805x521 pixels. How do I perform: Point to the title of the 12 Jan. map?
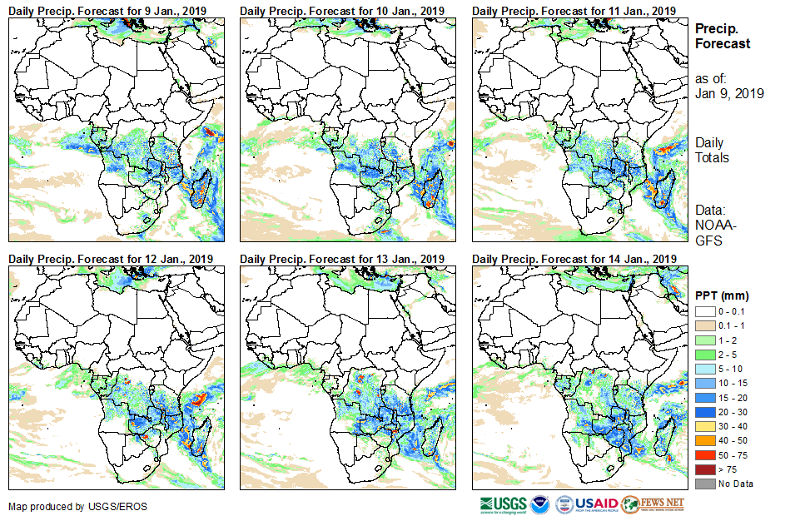pyautogui.click(x=110, y=259)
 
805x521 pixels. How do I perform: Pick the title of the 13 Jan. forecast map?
pyautogui.click(x=343, y=259)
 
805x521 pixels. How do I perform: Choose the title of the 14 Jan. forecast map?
pyautogui.click(x=574, y=259)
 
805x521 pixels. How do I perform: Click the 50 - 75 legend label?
pyautogui.click(x=733, y=457)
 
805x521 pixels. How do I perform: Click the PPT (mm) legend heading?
pyautogui.click(x=722, y=295)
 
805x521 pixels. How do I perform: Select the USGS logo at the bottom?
pyautogui.click(x=502, y=504)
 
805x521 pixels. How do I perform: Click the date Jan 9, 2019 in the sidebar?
pyautogui.click(x=729, y=93)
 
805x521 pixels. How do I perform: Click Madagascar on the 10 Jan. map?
pyautogui.click(x=432, y=186)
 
